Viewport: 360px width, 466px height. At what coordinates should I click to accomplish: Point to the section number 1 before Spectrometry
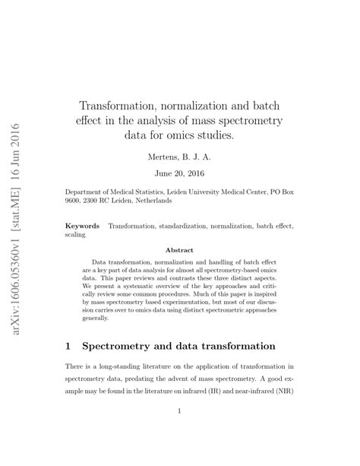click(68, 346)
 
